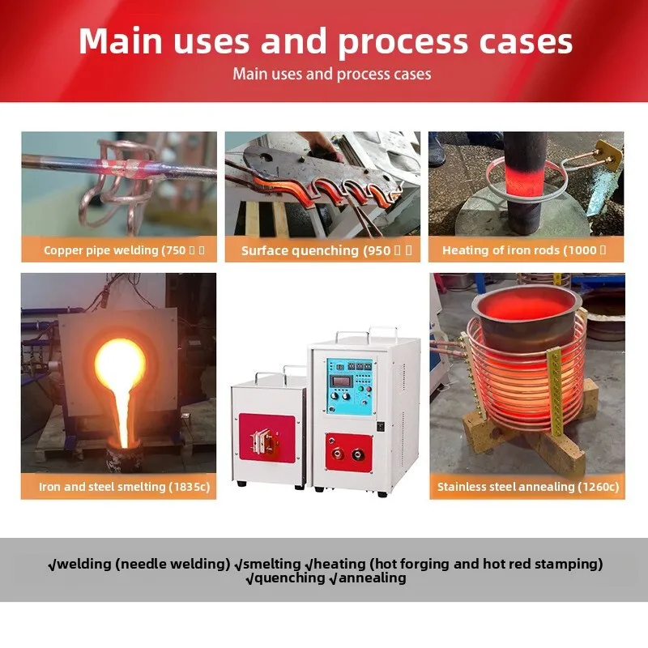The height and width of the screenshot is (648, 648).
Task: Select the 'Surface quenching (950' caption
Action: pos(322,250)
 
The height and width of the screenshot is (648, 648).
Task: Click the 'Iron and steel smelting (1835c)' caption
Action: pos(118,487)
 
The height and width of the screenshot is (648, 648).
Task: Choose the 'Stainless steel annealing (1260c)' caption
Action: pos(527,487)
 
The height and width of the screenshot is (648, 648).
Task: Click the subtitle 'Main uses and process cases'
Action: pos(331,75)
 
